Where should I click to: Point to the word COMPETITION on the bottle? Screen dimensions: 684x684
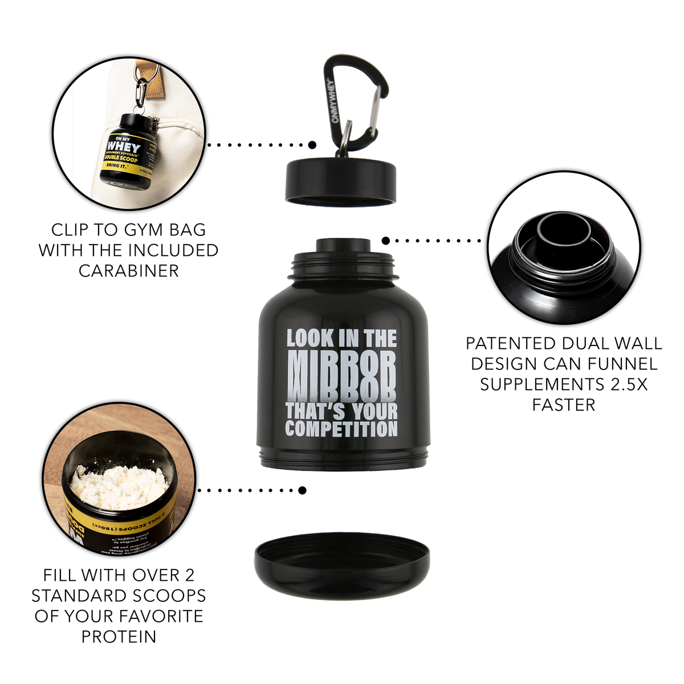pyautogui.click(x=341, y=429)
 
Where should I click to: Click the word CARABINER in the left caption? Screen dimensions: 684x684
pyautogui.click(x=129, y=271)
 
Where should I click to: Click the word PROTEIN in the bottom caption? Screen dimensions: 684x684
pyautogui.click(x=119, y=637)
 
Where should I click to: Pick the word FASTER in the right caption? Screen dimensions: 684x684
pyautogui.click(x=564, y=405)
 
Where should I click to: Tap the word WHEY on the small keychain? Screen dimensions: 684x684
pyautogui.click(x=124, y=147)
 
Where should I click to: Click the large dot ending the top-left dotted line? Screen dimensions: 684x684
pyautogui.click(x=312, y=145)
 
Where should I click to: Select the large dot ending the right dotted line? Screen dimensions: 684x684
pyautogui.click(x=386, y=241)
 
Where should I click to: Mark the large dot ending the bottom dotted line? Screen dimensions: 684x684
pyautogui.click(x=302, y=490)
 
